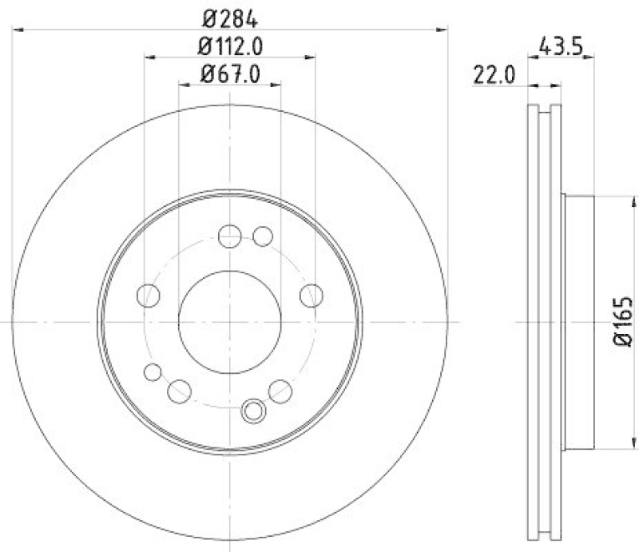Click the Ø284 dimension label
coord(230,16)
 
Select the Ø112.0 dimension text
coord(230,46)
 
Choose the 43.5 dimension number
coord(564,46)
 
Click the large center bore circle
coord(230,320)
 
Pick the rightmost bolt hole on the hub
coord(311,296)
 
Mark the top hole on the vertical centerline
coord(230,236)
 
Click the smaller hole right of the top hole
coord(262,236)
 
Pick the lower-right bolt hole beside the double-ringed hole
coord(280,391)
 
